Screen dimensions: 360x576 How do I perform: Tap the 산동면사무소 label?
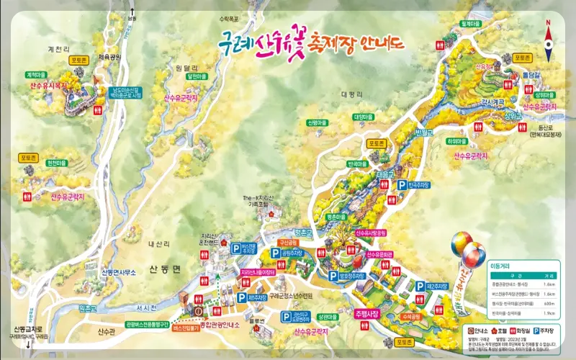[x=119, y=272]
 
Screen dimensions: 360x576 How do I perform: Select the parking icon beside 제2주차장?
[x=420, y=286]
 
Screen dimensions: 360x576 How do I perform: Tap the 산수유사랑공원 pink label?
[x=372, y=233]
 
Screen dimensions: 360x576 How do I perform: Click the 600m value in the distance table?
[x=549, y=304]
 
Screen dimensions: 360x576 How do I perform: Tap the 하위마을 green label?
[x=456, y=142]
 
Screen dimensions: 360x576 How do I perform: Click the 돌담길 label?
[x=531, y=74]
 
